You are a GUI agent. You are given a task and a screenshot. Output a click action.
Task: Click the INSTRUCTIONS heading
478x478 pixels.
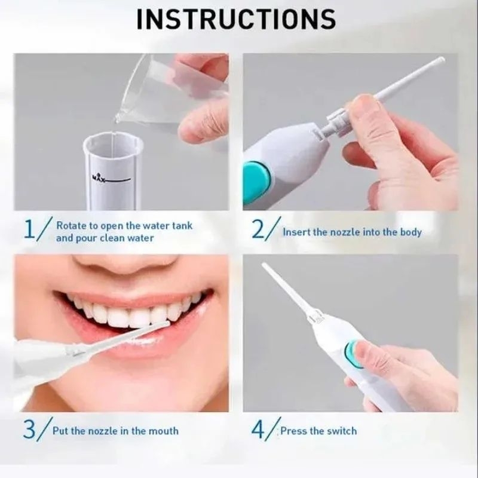click(x=236, y=20)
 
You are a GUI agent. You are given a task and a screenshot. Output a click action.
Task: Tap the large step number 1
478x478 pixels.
click(x=30, y=229)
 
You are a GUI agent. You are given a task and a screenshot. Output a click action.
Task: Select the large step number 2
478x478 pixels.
click(x=259, y=229)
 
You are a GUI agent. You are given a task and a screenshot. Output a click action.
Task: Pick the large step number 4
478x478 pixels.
click(x=258, y=429)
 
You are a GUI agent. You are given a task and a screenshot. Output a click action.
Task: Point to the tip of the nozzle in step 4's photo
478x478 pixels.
click(x=264, y=265)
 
